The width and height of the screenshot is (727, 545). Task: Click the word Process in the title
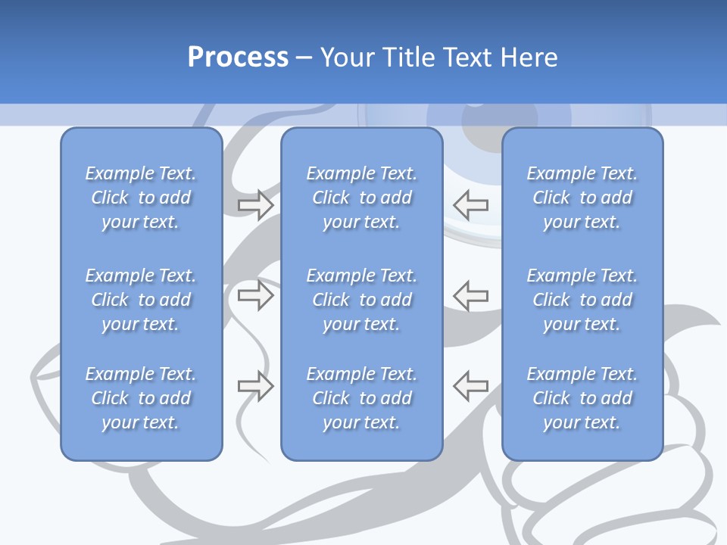tap(238, 58)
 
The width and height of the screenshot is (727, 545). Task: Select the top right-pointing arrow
tap(256, 205)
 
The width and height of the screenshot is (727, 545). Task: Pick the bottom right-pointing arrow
tap(256, 386)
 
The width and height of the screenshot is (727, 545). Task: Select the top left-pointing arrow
tap(471, 205)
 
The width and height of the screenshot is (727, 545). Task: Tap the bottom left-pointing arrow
tap(471, 386)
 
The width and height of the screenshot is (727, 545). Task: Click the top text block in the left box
tap(141, 198)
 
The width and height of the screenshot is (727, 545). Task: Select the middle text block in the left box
tap(141, 300)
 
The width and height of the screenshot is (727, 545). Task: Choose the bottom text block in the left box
tap(141, 398)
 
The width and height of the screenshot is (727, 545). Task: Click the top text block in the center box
tap(361, 198)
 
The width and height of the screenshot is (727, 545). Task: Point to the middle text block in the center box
tap(361, 300)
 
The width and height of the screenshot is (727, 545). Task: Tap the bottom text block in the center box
tap(361, 398)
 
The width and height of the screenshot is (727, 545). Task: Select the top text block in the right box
tap(582, 198)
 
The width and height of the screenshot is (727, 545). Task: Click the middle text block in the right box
tap(582, 300)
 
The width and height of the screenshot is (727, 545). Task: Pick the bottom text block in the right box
tap(582, 398)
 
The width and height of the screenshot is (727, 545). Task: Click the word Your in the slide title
tap(347, 58)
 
